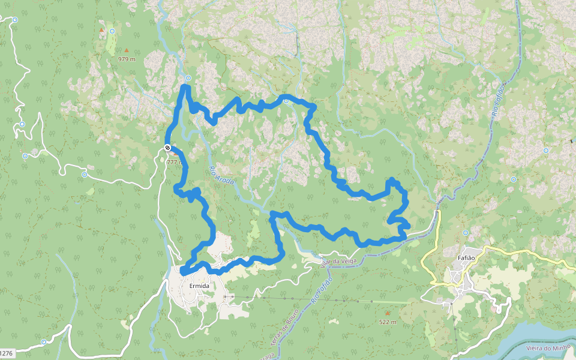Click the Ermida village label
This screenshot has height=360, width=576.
click(199, 286)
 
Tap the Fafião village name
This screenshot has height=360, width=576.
click(466, 258)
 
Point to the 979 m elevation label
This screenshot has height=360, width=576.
click(127, 59)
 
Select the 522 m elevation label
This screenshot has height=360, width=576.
click(388, 322)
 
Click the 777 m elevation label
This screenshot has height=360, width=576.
click(175, 162)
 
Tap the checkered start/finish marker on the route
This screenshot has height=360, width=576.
click(167, 148)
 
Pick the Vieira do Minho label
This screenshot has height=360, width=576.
click(547, 348)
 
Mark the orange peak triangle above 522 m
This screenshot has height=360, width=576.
click(388, 313)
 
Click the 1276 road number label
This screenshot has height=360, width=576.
click(6, 353)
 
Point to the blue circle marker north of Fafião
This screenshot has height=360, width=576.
click(466, 233)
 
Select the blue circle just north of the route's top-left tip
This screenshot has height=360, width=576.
click(188, 78)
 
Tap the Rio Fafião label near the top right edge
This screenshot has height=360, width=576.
click(497, 100)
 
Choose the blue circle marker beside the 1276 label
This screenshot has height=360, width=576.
click(43, 342)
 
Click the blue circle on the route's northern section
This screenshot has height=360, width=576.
click(286, 101)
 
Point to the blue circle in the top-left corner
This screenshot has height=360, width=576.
click(13, 19)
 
